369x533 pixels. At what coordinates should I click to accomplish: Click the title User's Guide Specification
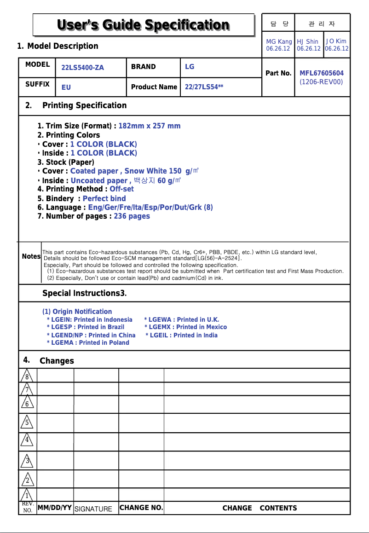point(143,25)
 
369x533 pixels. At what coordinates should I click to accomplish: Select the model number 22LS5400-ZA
point(83,68)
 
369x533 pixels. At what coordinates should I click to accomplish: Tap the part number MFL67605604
point(322,73)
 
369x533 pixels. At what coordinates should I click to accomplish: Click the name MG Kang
point(279,41)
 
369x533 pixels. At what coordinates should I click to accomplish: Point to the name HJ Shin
point(308,41)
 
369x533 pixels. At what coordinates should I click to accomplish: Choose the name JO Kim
point(336,41)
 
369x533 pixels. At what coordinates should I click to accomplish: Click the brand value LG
point(190,67)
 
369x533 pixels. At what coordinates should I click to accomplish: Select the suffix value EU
point(66,87)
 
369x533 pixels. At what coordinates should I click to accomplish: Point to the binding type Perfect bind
point(104,199)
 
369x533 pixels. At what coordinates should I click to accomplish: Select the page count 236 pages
point(132,216)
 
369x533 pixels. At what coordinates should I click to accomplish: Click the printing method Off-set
point(121,189)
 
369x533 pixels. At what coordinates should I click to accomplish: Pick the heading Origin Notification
point(77,312)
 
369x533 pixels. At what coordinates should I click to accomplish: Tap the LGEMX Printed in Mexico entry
point(185,327)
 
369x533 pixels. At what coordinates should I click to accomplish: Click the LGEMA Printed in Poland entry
point(88,343)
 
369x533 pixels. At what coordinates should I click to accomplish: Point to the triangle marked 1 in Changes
point(27,496)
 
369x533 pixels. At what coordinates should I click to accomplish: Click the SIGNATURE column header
point(93,509)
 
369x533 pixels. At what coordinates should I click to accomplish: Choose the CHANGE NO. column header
point(141,508)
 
